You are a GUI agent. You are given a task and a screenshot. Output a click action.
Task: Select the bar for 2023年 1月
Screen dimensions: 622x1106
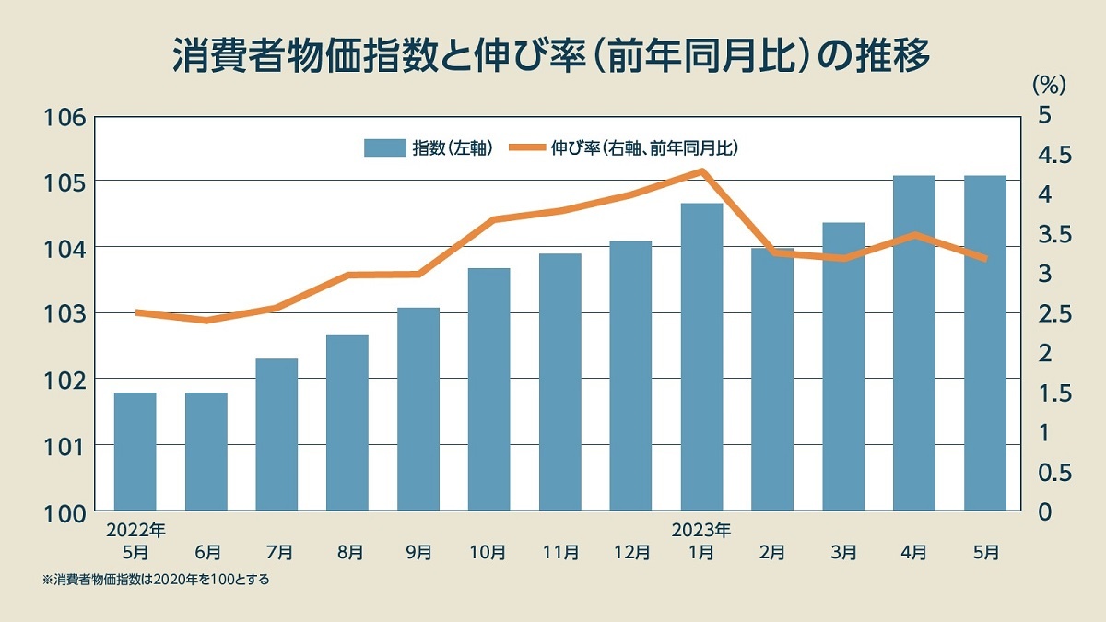click(x=701, y=356)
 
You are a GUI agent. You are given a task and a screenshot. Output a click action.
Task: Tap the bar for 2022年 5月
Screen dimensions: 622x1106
click(x=135, y=451)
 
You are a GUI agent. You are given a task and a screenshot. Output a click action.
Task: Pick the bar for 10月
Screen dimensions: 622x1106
click(x=488, y=388)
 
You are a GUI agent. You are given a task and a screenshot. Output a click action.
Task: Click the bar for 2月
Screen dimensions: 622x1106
click(x=772, y=379)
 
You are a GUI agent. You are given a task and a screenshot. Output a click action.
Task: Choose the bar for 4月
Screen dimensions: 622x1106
click(x=914, y=342)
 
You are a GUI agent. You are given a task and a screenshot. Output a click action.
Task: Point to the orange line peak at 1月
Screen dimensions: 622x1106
click(x=702, y=171)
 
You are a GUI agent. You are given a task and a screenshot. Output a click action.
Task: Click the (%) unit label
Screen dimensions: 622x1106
click(x=1048, y=86)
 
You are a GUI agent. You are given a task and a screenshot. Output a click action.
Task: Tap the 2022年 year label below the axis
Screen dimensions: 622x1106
click(x=135, y=531)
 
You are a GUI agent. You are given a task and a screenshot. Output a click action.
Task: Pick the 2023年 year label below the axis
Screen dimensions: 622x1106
click(x=701, y=531)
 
